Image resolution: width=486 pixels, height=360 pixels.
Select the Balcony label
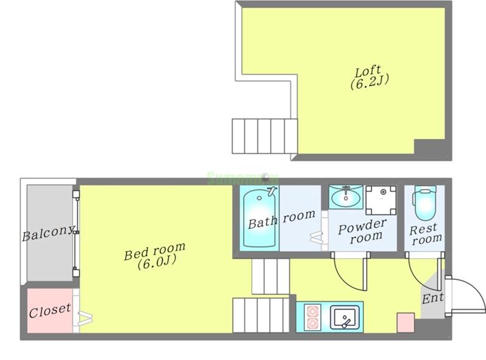(49, 233)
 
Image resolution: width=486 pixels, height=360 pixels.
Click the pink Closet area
(50, 310)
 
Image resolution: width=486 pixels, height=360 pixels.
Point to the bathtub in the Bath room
(259, 219)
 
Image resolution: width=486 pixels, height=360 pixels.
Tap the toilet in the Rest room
(425, 203)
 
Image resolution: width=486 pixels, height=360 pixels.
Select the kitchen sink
(345, 317)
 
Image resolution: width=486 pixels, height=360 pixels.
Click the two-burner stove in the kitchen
(312, 318)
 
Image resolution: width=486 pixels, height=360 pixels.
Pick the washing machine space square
(381, 200)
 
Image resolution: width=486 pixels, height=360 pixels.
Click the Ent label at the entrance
(433, 298)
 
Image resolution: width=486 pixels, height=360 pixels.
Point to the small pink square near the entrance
(406, 323)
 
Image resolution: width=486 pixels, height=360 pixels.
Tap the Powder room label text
(361, 232)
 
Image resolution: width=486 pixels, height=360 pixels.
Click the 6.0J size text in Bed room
(157, 262)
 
